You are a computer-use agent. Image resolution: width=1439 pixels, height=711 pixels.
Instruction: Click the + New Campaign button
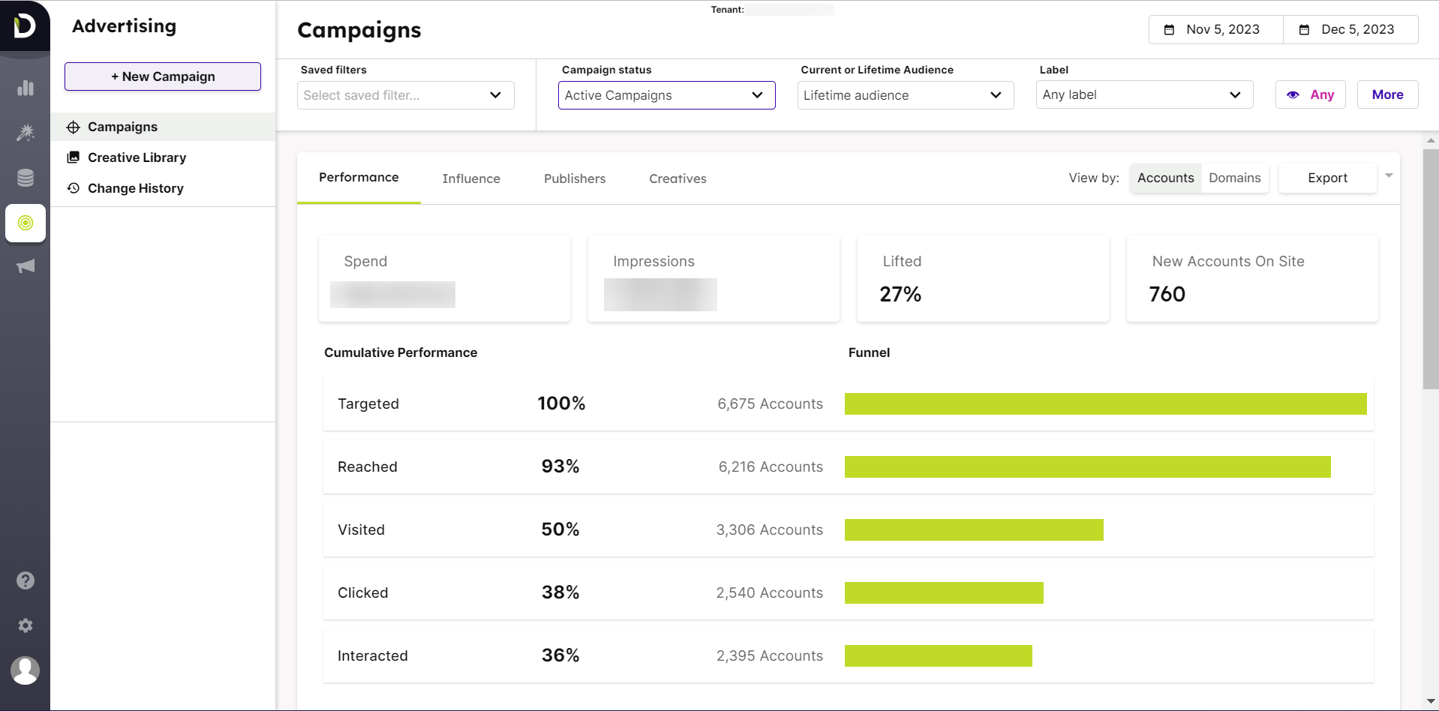click(163, 76)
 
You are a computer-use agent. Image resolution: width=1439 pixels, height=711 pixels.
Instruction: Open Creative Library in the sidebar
click(137, 157)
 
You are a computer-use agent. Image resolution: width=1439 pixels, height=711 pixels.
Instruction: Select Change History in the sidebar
click(135, 188)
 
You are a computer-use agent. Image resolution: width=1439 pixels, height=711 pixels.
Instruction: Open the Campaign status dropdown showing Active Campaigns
click(665, 95)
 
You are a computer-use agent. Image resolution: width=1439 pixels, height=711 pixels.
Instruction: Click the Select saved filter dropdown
click(405, 95)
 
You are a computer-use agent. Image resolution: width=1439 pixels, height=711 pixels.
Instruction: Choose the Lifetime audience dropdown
click(904, 95)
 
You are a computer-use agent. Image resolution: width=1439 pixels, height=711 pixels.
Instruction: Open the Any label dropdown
click(1143, 94)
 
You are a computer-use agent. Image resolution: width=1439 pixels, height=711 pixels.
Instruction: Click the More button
click(1386, 94)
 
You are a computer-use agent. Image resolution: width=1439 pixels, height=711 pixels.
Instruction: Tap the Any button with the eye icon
click(1310, 94)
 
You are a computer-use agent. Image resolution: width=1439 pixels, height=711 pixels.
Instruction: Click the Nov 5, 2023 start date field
click(1215, 29)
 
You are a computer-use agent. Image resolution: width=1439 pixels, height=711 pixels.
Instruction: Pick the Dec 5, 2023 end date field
click(1350, 29)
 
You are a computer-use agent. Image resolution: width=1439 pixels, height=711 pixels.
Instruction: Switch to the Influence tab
click(470, 178)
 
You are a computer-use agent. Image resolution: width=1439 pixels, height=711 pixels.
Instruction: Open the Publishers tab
click(574, 178)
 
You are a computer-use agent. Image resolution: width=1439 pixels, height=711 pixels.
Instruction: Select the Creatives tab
click(677, 178)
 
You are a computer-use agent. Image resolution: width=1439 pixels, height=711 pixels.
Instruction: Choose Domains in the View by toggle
click(1234, 178)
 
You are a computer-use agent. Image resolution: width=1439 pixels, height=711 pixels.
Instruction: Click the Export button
click(1326, 178)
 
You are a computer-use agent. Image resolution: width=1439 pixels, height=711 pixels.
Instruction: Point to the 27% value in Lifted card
click(900, 294)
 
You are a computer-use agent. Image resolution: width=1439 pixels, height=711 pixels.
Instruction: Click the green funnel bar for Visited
click(973, 529)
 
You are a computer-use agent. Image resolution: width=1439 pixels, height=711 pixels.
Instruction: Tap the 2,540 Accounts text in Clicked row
click(769, 592)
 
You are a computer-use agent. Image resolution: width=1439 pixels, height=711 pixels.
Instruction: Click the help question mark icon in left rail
click(26, 580)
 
